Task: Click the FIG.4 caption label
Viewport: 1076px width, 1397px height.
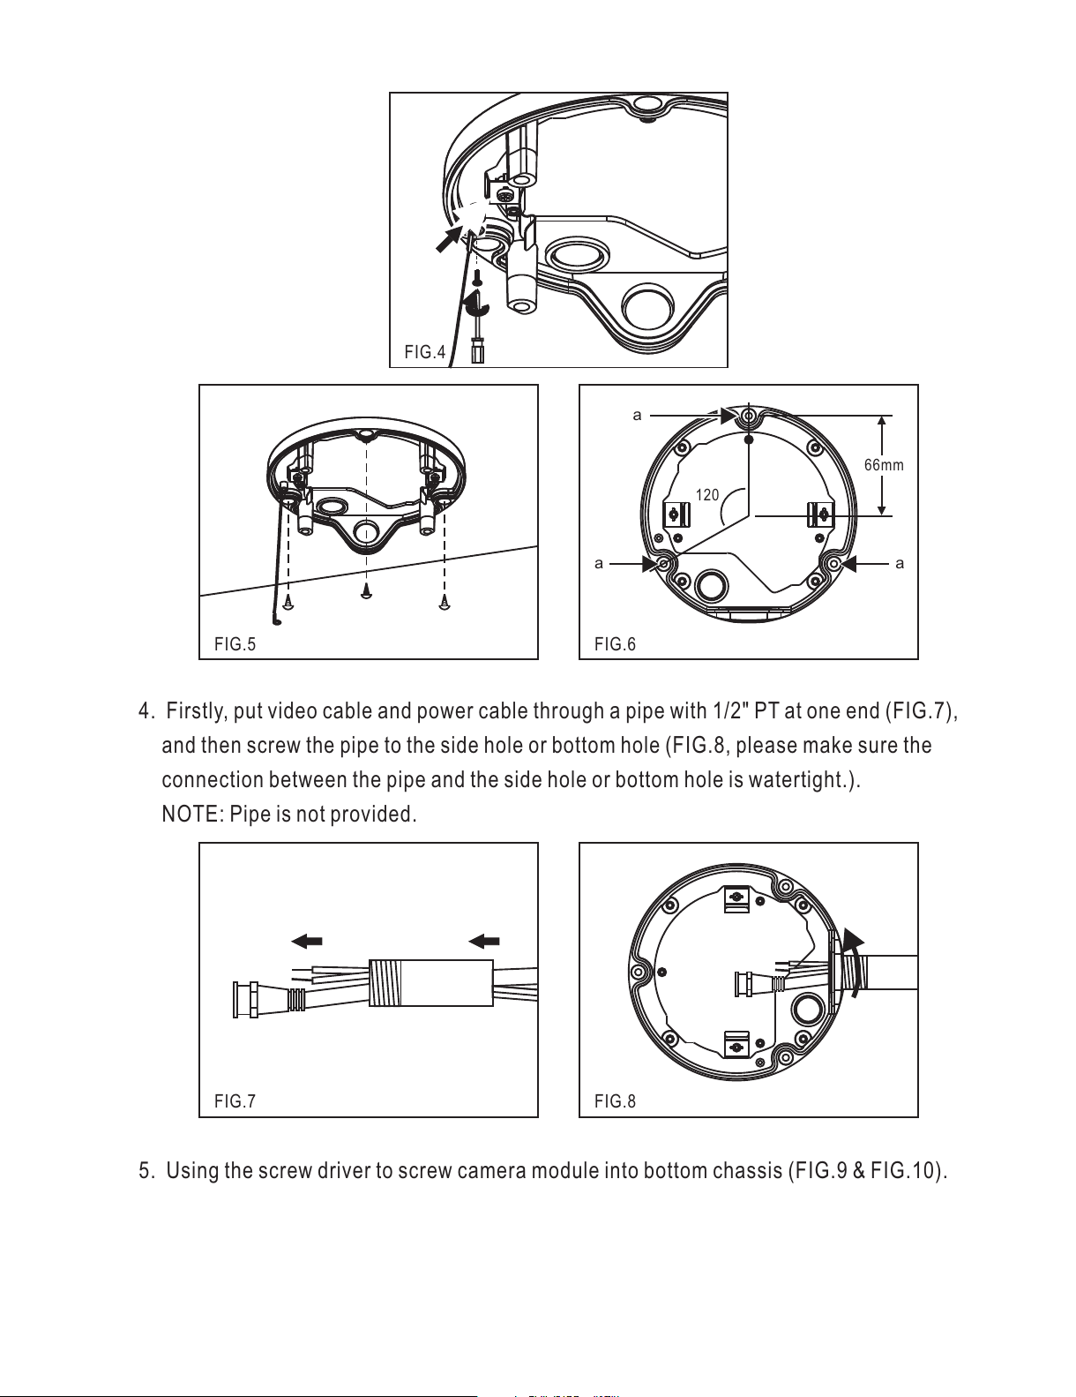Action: (424, 352)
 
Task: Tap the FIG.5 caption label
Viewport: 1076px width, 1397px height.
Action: (235, 644)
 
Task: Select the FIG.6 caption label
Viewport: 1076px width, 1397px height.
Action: (615, 644)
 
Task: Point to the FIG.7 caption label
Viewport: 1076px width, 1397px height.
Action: (235, 1102)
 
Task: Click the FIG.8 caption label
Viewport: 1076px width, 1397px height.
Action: (615, 1102)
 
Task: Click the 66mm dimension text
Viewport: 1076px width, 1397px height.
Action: (884, 465)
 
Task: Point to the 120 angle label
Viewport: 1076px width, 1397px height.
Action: (707, 495)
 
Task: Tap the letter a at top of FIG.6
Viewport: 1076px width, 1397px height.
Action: (638, 416)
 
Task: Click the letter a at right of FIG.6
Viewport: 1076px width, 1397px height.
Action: (900, 564)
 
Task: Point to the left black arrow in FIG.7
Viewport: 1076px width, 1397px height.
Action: (306, 942)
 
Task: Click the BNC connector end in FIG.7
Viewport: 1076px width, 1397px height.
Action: (246, 999)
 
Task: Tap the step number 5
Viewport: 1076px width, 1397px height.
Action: (146, 1171)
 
